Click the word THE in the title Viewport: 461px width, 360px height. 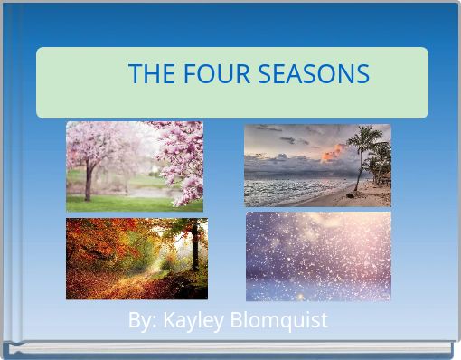[149, 74]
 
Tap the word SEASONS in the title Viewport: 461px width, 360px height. [314, 74]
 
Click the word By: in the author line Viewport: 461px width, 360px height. [142, 320]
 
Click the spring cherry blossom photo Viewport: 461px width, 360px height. [134, 166]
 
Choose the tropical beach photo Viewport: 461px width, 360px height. [317, 166]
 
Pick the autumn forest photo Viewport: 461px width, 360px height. [136, 259]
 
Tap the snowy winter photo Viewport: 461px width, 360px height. [318, 256]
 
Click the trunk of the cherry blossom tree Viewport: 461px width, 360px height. [88, 185]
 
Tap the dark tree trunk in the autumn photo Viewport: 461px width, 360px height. [194, 249]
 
